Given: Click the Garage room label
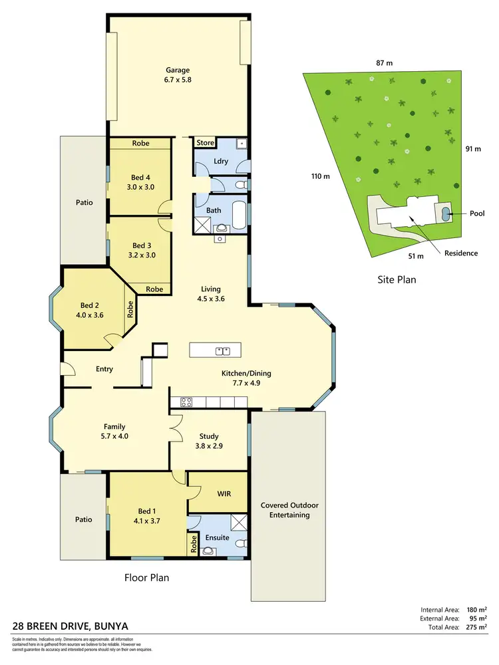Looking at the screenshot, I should pos(178,70).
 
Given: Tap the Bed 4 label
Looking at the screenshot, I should pos(140,177).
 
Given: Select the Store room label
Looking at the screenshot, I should pos(205,142).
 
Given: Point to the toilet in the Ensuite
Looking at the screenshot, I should pos(210,550).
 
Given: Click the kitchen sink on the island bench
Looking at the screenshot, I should pos(222,350).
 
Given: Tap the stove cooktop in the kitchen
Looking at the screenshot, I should pos(186,401).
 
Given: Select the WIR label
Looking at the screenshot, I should pos(224,494).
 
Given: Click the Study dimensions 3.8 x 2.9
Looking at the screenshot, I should pos(208,447).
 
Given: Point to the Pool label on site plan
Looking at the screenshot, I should pos(476,213).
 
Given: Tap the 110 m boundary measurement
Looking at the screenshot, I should pos(321,176).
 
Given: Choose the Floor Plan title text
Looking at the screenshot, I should pos(146,577).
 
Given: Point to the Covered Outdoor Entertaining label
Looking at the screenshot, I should pos(285,509).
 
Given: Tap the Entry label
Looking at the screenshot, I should pos(104,369).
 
